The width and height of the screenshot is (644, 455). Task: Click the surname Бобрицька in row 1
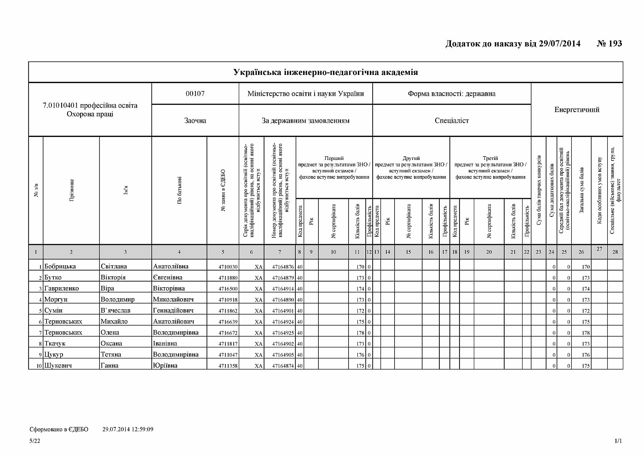[x=60, y=267]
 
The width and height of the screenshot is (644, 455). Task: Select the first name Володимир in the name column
[x=118, y=300]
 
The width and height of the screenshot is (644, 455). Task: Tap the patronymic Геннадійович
[x=173, y=311]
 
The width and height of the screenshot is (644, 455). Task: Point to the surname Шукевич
[x=58, y=366]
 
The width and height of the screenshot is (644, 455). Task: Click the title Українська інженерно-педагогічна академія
[x=326, y=72]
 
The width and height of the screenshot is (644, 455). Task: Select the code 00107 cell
[x=195, y=94]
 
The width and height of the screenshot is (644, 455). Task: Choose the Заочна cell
[x=195, y=121]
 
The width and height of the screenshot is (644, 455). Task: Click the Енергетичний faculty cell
[x=577, y=110]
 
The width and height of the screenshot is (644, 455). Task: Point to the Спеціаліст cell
[x=451, y=121]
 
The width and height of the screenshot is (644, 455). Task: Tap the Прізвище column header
[x=71, y=191]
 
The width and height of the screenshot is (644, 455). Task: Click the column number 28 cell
[x=615, y=252]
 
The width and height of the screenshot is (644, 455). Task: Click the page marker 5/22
[x=34, y=441]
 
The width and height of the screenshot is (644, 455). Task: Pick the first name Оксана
[x=111, y=344]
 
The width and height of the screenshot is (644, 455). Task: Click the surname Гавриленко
[x=62, y=289]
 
